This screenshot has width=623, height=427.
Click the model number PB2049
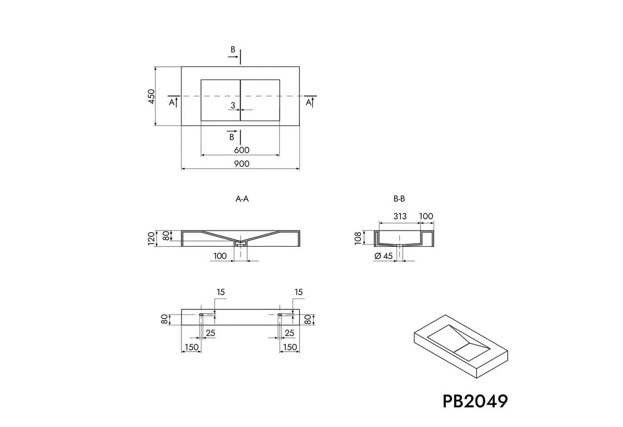[475, 401]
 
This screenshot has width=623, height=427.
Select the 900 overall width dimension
[241, 164]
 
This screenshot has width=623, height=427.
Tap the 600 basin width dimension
[241, 150]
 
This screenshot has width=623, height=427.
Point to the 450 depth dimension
[151, 96]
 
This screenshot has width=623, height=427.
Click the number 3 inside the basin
[233, 105]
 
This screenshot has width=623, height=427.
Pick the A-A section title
[242, 199]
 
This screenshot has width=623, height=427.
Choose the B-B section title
[399, 199]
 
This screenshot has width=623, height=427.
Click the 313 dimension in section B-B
[400, 216]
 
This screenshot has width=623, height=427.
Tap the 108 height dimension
[358, 238]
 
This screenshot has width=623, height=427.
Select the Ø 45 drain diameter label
[384, 256]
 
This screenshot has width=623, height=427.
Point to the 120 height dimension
[151, 238]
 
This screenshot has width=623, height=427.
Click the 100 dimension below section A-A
[220, 256]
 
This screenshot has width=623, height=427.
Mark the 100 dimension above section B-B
[426, 216]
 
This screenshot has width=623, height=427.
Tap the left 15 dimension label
[221, 292]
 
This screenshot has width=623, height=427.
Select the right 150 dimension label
[290, 347]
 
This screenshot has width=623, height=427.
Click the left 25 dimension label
[210, 333]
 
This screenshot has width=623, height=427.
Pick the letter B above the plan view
[233, 49]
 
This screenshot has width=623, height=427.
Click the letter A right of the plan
[308, 103]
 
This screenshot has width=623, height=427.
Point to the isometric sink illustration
[461, 346]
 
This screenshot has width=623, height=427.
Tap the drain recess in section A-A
[240, 244]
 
